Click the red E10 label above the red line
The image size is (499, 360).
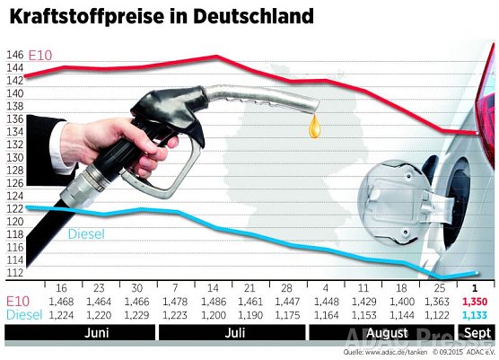click(41, 57)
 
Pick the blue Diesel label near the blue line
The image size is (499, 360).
click(86, 234)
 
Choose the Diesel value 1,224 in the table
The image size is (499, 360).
click(61, 316)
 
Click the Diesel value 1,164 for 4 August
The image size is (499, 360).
click(328, 316)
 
